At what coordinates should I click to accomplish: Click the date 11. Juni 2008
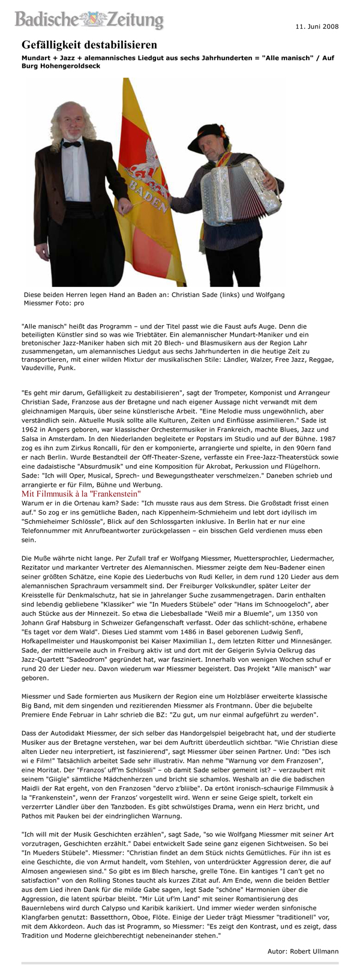click(x=317, y=27)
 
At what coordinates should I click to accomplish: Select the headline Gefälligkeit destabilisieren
click(x=89, y=46)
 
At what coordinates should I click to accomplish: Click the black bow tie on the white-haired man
click(x=73, y=145)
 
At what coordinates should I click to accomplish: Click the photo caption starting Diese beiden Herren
click(x=154, y=299)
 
